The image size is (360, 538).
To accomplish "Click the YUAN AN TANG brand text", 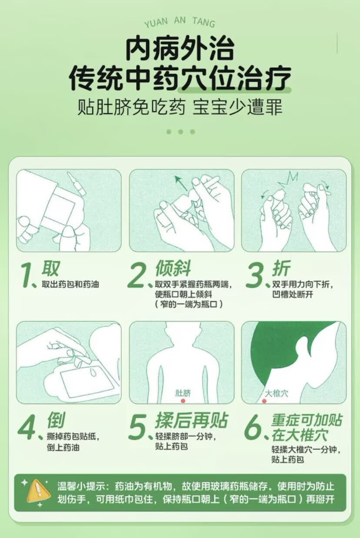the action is pyautogui.click(x=180, y=22).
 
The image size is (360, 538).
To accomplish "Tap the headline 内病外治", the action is pyautogui.click(x=180, y=49).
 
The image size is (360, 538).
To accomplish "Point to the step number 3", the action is pyautogui.click(x=254, y=275).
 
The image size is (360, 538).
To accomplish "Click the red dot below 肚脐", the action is pyautogui.click(x=183, y=401).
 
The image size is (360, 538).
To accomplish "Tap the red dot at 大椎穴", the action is pyautogui.click(x=264, y=401).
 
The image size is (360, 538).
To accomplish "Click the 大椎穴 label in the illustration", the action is pyautogui.click(x=277, y=393).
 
